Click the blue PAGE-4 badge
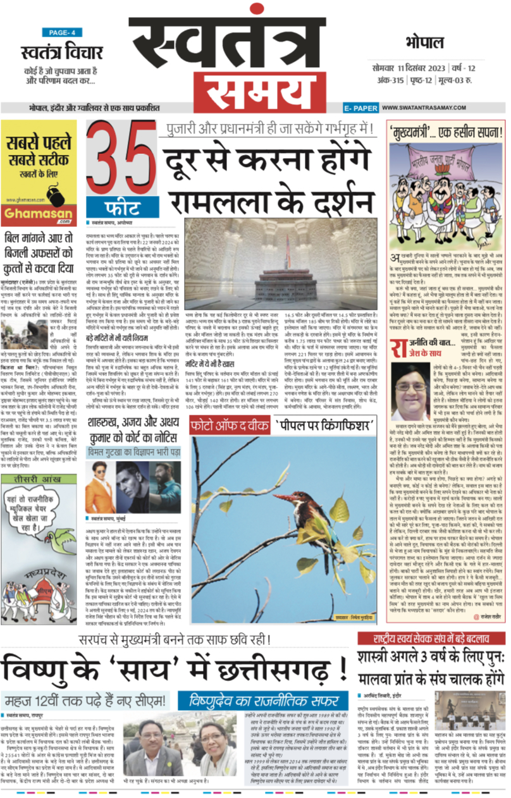[62, 32]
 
